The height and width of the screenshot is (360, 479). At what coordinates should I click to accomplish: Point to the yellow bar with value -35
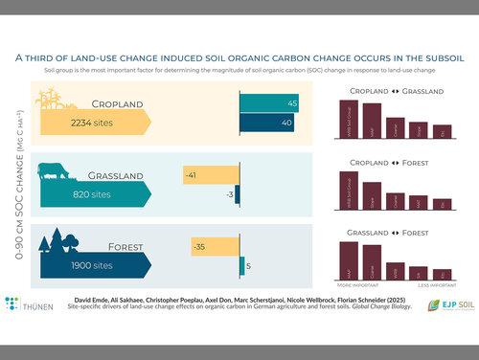click(213, 246)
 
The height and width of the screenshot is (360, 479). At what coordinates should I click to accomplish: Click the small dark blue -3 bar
click(238, 195)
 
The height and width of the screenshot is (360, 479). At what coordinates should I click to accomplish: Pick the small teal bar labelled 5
click(240, 265)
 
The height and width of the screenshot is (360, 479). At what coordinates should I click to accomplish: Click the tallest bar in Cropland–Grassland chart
click(351, 120)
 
